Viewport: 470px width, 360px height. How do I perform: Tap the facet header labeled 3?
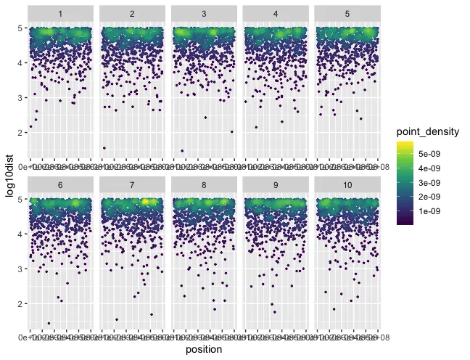click(x=204, y=13)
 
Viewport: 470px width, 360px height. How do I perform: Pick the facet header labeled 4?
click(x=276, y=13)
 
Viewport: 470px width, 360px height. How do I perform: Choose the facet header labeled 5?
click(x=347, y=13)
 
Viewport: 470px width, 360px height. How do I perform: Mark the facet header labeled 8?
click(x=204, y=185)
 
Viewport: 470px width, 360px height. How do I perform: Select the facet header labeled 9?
click(x=276, y=185)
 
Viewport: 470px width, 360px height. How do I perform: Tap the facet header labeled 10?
click(x=347, y=185)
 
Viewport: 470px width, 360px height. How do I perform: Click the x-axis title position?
click(x=204, y=350)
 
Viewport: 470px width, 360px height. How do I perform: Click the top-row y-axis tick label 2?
click(x=21, y=132)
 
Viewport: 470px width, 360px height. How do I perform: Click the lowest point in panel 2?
click(x=104, y=148)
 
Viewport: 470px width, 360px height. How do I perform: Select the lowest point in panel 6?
click(x=49, y=323)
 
